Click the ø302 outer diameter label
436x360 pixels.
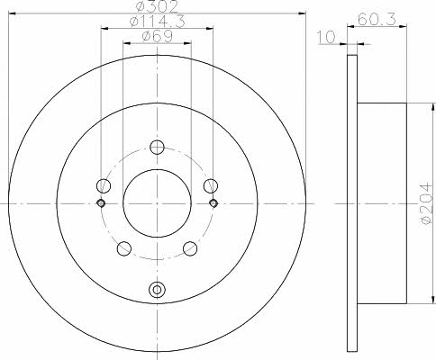(157, 6)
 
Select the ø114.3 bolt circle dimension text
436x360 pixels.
(157, 22)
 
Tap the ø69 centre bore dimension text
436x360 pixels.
(157, 37)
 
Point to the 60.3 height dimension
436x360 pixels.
(377, 20)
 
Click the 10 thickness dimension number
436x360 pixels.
(326, 37)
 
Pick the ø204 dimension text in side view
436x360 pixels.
(427, 203)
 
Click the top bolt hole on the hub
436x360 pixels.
(157, 147)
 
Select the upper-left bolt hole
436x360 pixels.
(104, 185)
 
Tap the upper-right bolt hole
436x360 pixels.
(211, 185)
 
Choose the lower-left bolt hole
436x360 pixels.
(124, 248)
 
